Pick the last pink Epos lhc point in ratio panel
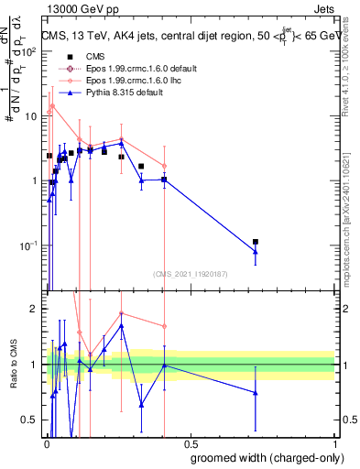164,326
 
